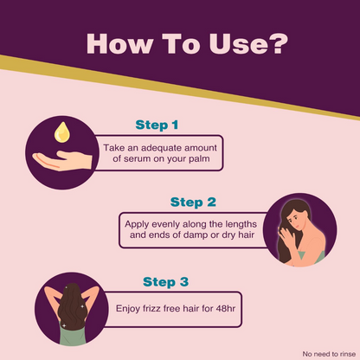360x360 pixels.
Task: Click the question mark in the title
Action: (x=278, y=43)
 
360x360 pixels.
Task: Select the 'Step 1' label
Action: (x=157, y=125)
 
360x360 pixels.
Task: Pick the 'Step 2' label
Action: (x=193, y=202)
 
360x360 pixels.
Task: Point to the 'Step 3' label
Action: (x=165, y=282)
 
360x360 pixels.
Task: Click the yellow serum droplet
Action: (x=62, y=132)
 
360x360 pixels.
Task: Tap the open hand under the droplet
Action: (x=62, y=161)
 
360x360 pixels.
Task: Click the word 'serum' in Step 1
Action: (x=138, y=159)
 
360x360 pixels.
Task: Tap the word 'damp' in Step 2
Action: (x=196, y=235)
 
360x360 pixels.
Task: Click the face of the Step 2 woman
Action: (x=294, y=220)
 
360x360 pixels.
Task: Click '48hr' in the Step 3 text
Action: (x=226, y=309)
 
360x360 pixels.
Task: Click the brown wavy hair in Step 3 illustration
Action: (x=72, y=306)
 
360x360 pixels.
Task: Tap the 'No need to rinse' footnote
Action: (x=329, y=354)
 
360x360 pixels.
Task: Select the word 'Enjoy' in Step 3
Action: (x=128, y=309)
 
